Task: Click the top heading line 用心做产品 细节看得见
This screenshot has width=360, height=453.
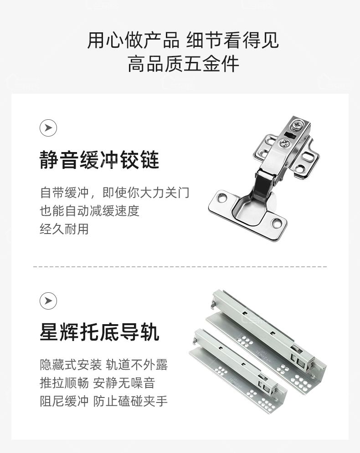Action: [x=183, y=40]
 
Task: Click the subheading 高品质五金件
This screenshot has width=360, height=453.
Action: [x=183, y=64]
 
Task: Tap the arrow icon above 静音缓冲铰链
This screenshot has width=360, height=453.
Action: [x=48, y=127]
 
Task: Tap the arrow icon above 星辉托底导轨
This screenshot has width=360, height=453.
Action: [x=48, y=301]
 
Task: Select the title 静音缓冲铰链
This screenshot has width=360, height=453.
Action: [x=99, y=159]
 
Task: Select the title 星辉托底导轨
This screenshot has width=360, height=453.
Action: [x=99, y=332]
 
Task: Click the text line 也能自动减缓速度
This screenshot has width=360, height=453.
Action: [x=90, y=211]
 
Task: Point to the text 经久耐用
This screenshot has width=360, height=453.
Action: [x=64, y=229]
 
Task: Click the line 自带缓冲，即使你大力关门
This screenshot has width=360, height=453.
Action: [x=114, y=193]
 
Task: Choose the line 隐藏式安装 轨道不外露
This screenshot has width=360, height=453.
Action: [x=104, y=365]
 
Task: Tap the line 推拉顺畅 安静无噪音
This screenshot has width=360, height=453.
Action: [x=98, y=383]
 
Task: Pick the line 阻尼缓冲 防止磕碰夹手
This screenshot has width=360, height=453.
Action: [x=104, y=401]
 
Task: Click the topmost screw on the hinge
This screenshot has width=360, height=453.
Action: [x=297, y=125]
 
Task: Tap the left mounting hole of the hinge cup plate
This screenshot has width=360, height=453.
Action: [x=222, y=199]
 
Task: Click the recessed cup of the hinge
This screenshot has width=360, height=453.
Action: [x=251, y=209]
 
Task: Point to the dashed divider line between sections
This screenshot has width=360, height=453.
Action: [x=180, y=267]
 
